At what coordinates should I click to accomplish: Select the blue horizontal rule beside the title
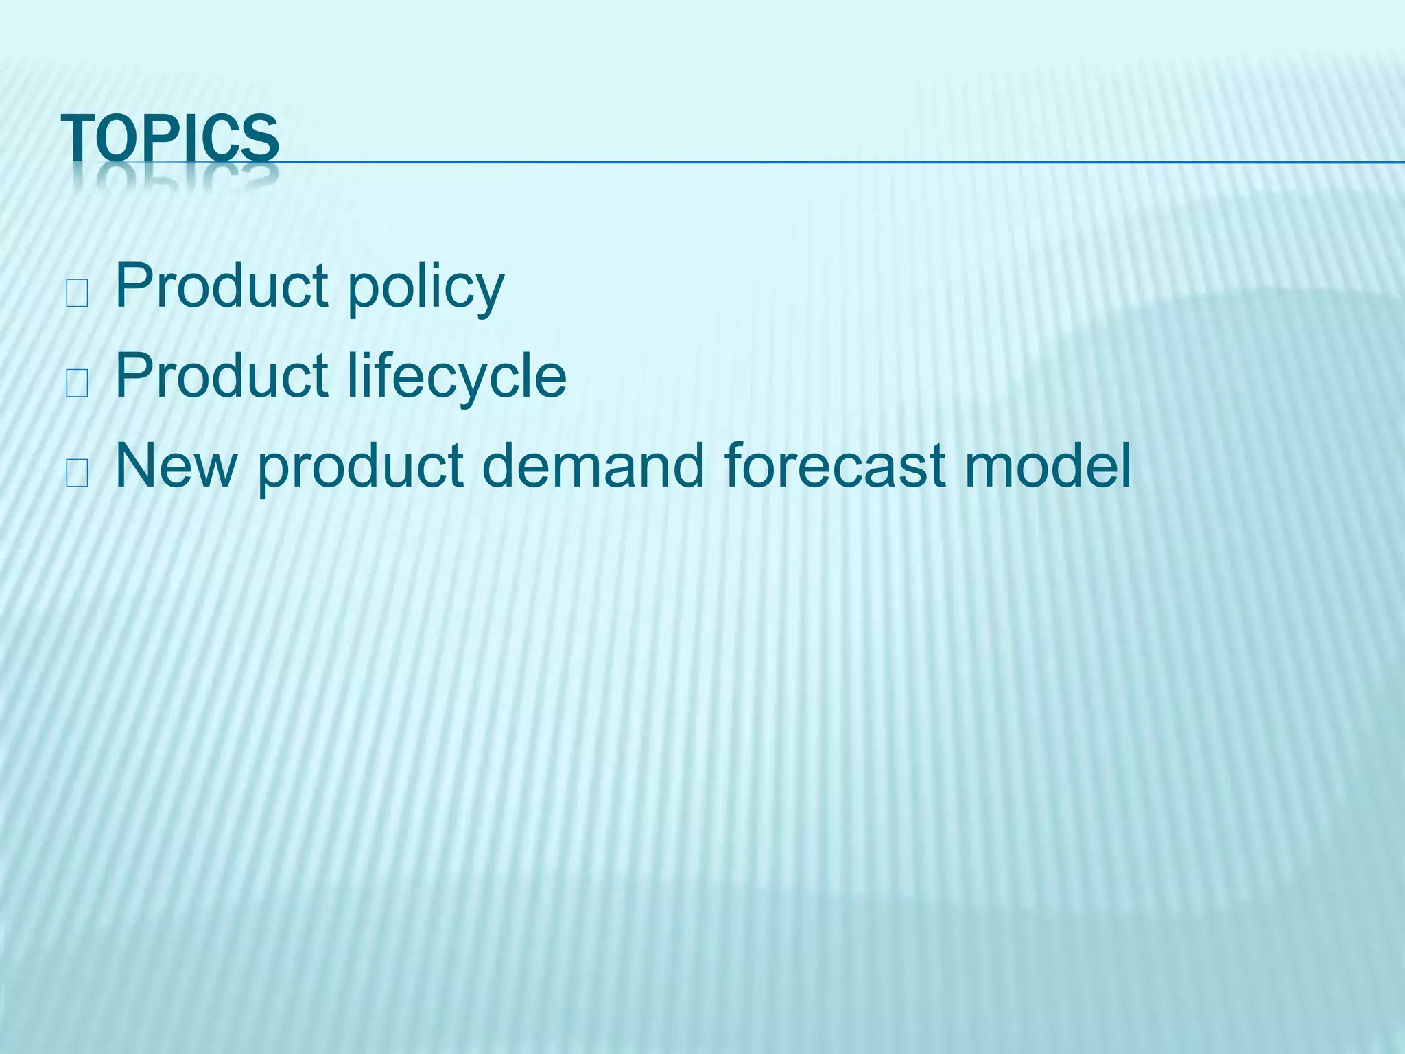point(823,163)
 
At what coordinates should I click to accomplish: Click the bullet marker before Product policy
point(76,294)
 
